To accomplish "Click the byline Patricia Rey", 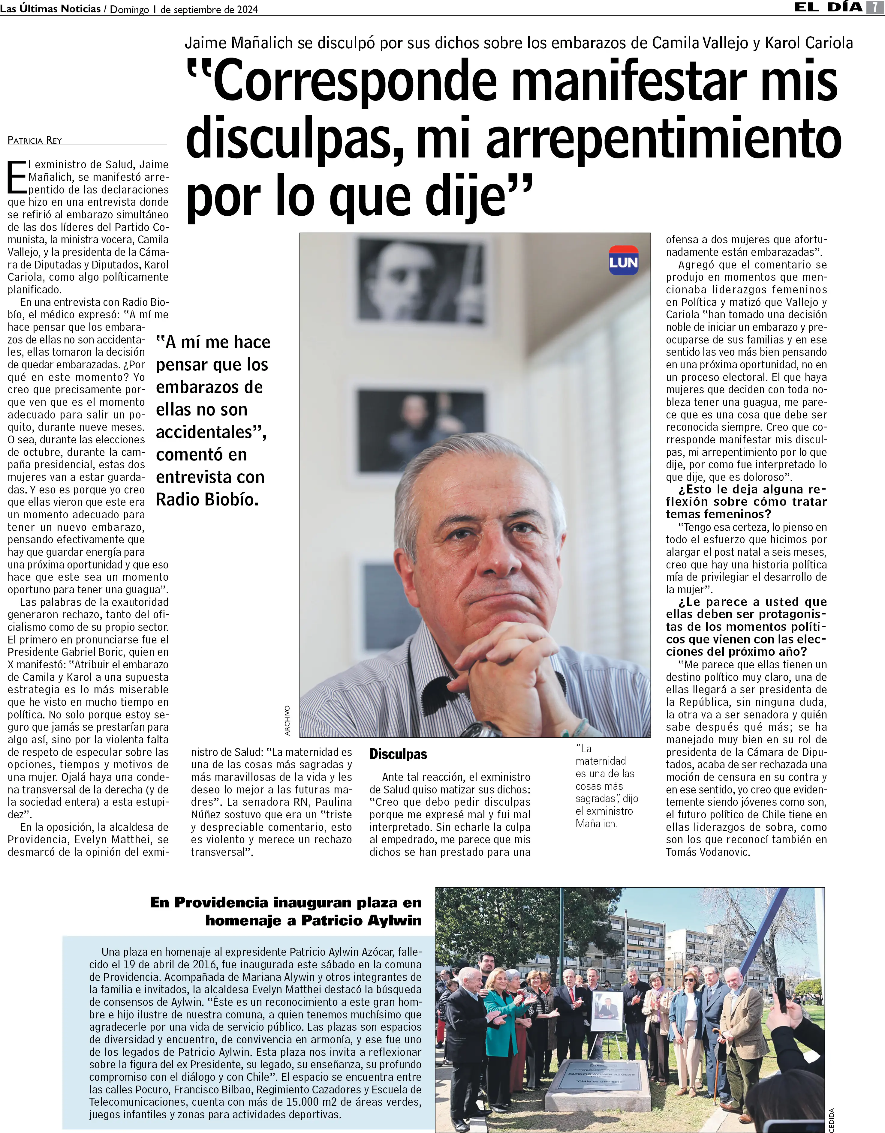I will (x=35, y=140).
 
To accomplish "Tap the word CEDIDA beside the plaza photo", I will (x=831, y=1120).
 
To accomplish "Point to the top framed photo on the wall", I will (x=421, y=280).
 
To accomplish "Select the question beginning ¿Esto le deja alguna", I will (x=746, y=502).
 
